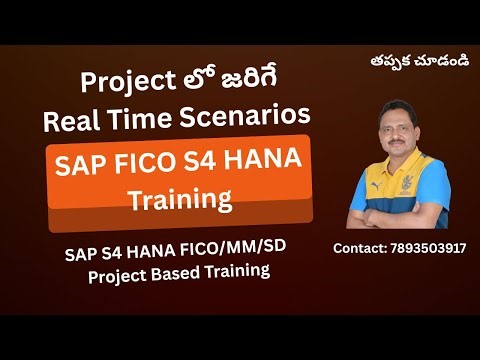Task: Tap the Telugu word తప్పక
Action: tap(391, 59)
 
